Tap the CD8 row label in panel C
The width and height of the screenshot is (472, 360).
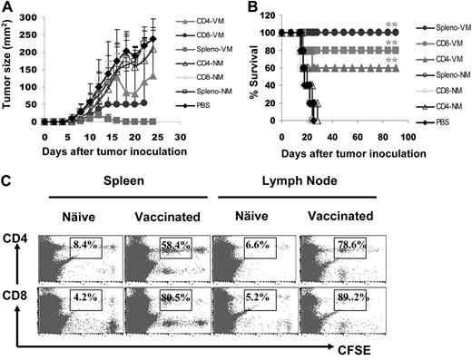tap(15, 296)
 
